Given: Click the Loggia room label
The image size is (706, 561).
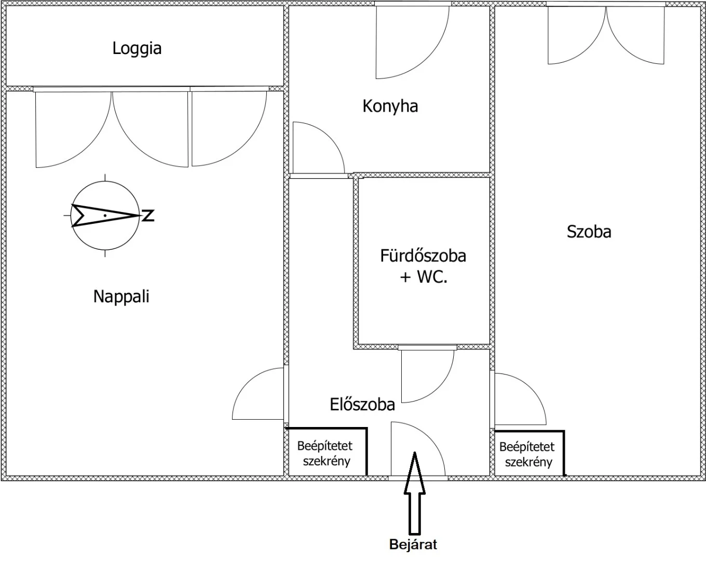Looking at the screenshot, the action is coord(137,49).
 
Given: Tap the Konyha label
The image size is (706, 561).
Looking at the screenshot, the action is coord(390,106).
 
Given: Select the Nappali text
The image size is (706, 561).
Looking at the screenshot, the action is coord(121,297).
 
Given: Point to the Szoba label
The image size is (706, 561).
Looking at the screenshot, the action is coord(589,232).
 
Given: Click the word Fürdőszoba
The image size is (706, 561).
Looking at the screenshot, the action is coord(423,256).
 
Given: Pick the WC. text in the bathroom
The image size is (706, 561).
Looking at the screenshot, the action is coord(432,277).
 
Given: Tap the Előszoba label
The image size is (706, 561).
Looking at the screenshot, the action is coord(362,404).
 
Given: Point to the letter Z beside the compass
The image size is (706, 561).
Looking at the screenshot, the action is coord(148,216).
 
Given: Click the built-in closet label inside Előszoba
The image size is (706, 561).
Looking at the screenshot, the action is coord(325,453).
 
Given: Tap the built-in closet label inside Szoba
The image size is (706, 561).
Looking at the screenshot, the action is coord(527,455).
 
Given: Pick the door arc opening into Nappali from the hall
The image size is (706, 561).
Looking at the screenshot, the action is coord(248,383).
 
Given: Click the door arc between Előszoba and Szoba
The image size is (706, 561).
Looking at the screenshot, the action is coord(532,389).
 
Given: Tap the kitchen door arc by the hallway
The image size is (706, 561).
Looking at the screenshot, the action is coord(329,137).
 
